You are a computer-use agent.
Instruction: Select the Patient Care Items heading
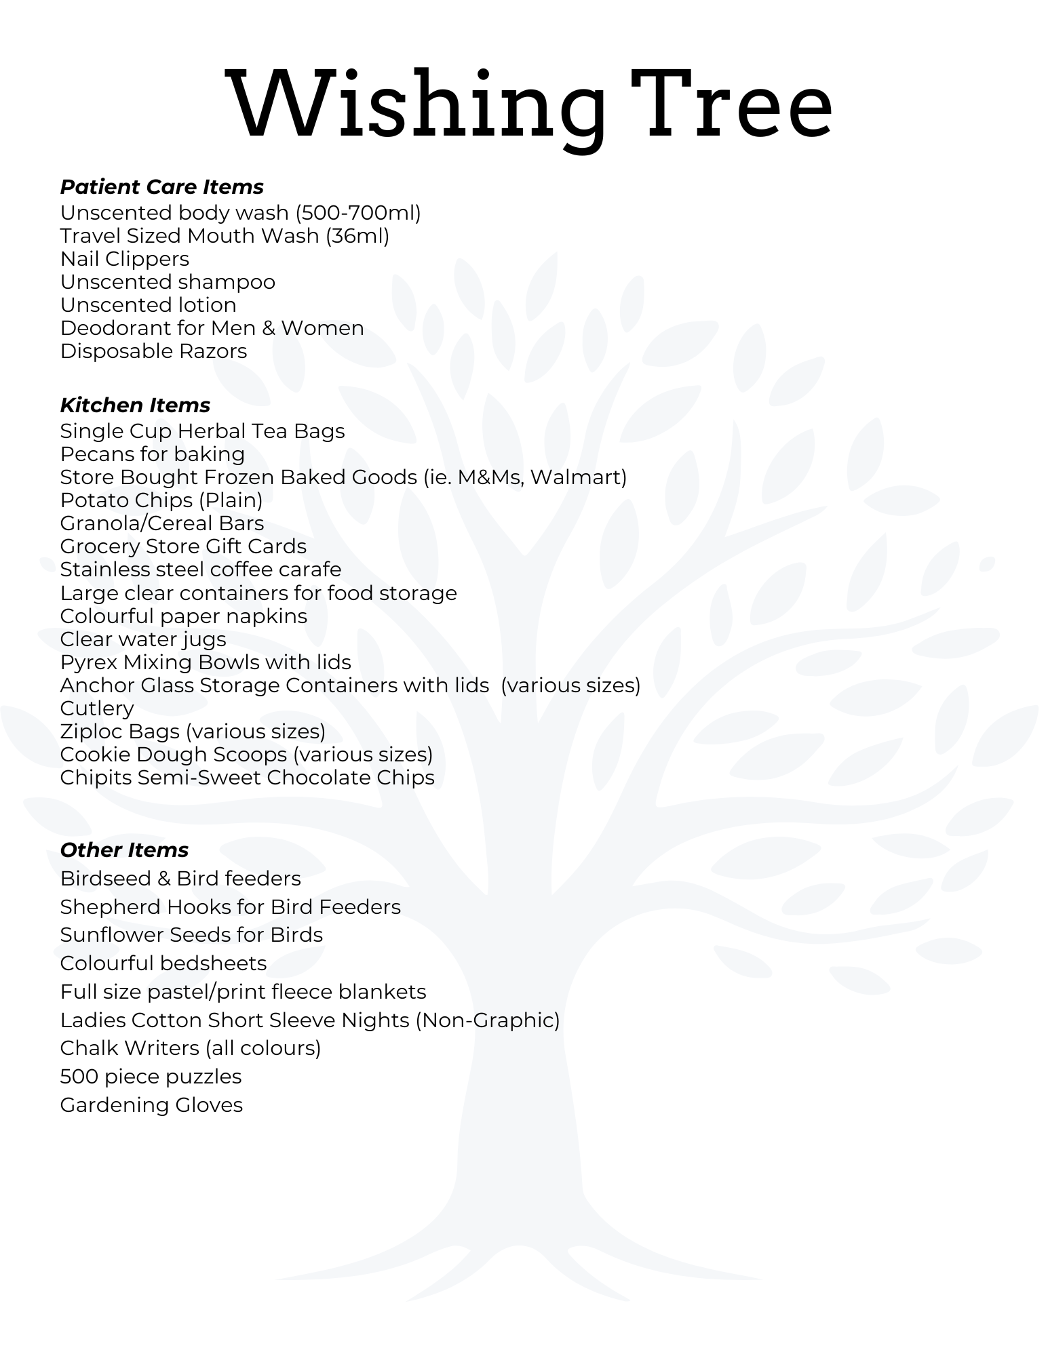[x=161, y=186]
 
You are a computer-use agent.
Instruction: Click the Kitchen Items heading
[x=135, y=405]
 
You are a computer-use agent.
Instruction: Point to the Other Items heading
[x=124, y=850]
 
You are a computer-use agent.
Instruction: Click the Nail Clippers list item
[x=125, y=259]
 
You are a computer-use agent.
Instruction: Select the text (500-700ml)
[x=358, y=213]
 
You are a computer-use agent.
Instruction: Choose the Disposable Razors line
[x=153, y=351]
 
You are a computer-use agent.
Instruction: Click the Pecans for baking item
[x=153, y=454]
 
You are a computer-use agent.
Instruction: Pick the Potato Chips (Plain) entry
[x=161, y=500]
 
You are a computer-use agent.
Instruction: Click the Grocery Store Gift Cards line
[x=183, y=546]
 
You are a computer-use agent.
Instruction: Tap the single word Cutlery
[x=97, y=709]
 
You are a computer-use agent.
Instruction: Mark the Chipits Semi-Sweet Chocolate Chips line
[x=247, y=778]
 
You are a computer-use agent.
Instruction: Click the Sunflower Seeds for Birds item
[x=191, y=935]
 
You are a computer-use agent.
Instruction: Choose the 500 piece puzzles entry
[x=151, y=1077]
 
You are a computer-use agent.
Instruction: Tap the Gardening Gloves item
[x=151, y=1105]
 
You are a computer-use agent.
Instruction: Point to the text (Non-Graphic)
[x=487, y=1020]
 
